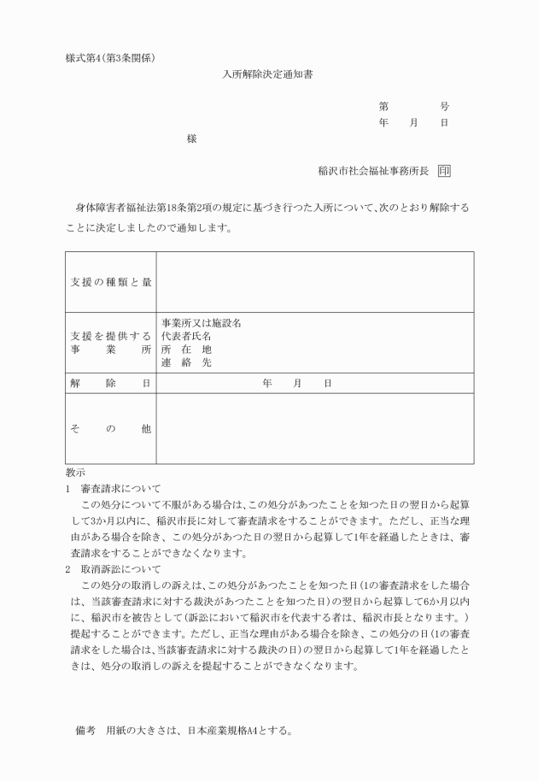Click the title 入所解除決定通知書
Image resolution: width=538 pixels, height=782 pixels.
coord(268,74)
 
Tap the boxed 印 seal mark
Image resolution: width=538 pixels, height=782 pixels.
coord(444,171)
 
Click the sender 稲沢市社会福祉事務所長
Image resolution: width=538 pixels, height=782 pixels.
coord(372,171)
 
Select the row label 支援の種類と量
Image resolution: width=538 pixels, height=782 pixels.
coord(111,282)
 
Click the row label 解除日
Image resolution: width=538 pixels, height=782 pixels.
coord(111,384)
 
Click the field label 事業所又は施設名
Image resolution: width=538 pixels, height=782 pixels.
coord(202,324)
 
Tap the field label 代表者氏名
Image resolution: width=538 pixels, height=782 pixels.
coord(187,337)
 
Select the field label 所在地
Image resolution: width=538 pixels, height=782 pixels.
coord(187,350)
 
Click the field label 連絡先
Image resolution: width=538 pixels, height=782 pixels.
coord(187,362)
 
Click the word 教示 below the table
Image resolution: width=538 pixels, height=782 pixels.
coord(75,473)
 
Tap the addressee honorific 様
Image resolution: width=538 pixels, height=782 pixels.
coord(191,138)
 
